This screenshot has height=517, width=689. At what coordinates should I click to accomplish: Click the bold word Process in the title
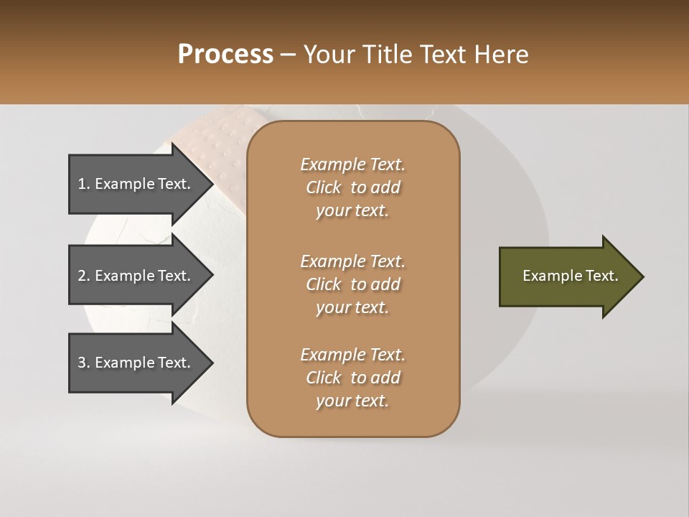point(225,55)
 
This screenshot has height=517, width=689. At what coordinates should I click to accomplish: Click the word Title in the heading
point(387,55)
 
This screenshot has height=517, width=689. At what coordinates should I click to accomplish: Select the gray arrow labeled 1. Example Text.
point(136,184)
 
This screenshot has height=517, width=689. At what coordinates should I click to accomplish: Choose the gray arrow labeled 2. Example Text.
point(136,276)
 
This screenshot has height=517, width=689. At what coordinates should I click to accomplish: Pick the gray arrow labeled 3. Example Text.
point(136,363)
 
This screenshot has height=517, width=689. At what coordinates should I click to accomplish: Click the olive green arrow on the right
point(567,276)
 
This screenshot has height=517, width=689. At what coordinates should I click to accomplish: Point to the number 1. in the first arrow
point(83,184)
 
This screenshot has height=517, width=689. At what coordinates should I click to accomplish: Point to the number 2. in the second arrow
point(83,276)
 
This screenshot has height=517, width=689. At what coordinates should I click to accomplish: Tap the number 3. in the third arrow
point(83,363)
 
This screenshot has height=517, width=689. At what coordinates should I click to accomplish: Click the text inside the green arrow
point(570,276)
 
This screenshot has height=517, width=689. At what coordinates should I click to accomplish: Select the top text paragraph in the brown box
point(352,187)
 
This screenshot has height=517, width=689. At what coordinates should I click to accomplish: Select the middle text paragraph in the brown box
point(352,284)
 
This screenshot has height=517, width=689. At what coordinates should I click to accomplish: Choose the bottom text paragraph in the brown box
point(352,378)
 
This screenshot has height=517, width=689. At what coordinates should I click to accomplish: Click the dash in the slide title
point(289,55)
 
